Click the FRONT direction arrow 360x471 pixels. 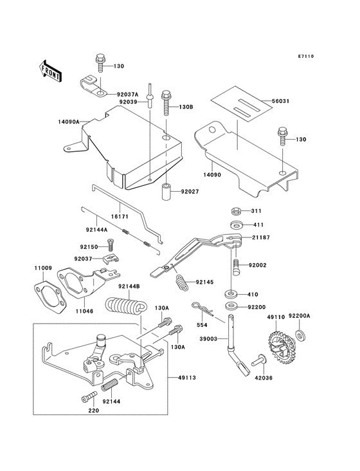coord(50,71)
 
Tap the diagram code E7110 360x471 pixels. coord(306,56)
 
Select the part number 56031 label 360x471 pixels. coord(280,101)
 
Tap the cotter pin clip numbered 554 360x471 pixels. coord(203,309)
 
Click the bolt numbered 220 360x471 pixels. coord(89,396)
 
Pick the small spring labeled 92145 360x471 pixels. coord(182,282)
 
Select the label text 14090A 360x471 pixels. coord(69,122)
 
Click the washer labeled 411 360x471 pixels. coord(237,225)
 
